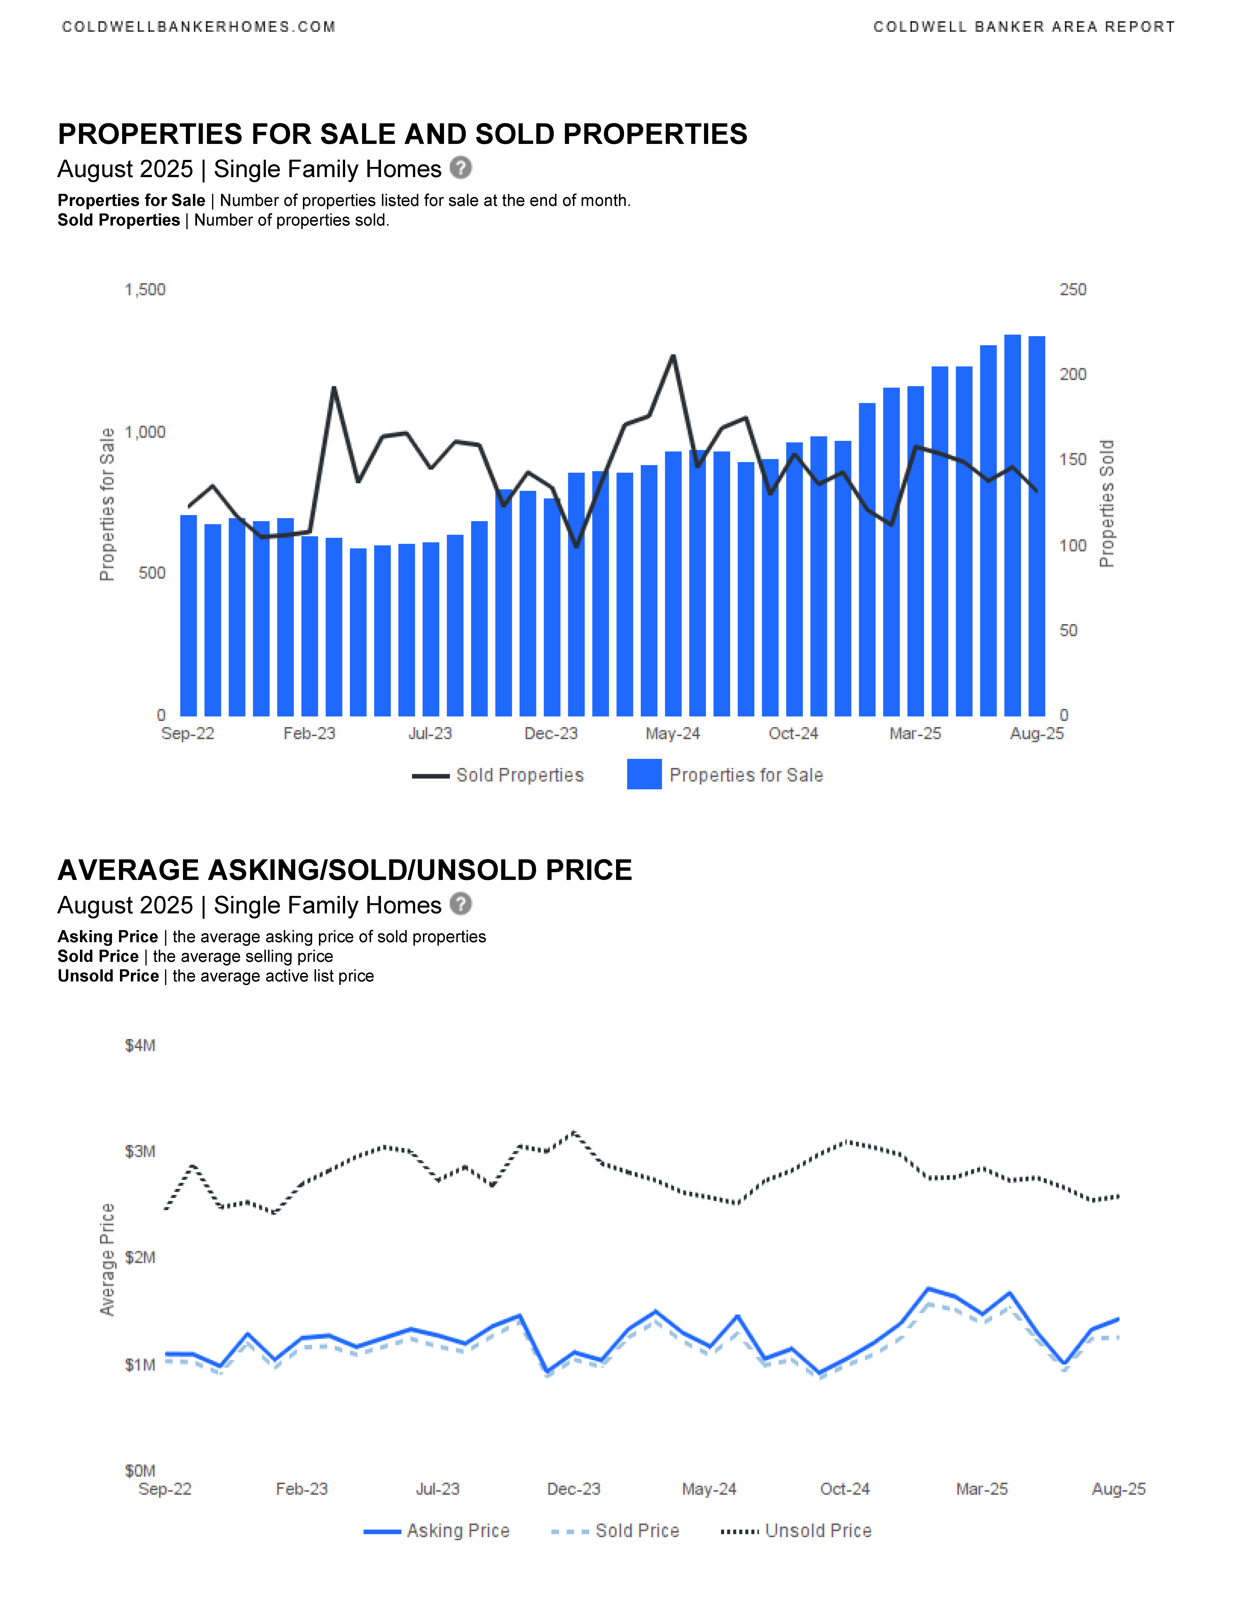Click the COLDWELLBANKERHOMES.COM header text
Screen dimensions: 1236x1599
click(198, 27)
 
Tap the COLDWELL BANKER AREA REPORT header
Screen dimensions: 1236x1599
click(1024, 27)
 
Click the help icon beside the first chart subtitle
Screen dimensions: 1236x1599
click(460, 168)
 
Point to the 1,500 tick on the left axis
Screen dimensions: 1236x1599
click(145, 290)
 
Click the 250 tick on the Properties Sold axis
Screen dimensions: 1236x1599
click(1073, 290)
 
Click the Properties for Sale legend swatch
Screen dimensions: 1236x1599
click(644, 775)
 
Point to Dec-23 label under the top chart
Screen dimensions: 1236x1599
click(551, 734)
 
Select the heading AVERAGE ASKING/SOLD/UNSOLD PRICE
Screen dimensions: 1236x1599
click(345, 870)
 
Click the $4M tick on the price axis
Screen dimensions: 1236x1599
click(140, 1045)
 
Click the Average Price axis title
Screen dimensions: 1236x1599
click(107, 1259)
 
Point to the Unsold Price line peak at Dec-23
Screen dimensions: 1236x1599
click(573, 1133)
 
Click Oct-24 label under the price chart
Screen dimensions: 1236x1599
click(845, 1489)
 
